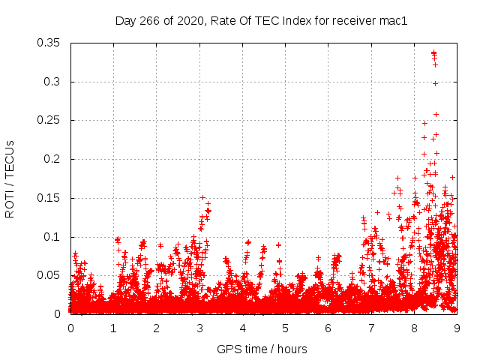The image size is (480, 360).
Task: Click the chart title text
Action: pos(261,21)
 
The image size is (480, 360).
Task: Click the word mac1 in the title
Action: pos(393,21)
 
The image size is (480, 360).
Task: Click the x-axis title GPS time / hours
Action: pos(262,349)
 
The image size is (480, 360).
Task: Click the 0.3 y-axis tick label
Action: pos(52,82)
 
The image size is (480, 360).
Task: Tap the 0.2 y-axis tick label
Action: pos(52,159)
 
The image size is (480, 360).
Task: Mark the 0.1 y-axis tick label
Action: pos(52,236)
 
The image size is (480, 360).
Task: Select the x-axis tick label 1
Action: pos(113,328)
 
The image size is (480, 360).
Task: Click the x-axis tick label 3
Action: pos(199,328)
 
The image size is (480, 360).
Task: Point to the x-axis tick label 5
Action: pos(285,328)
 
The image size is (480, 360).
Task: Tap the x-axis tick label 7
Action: pos(371,328)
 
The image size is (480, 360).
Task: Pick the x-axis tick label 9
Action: pos(457,328)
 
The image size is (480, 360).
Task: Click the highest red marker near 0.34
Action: pos(433,52)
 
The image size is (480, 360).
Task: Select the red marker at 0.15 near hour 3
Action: pos(202,197)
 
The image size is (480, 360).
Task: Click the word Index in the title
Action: pos(299,21)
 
